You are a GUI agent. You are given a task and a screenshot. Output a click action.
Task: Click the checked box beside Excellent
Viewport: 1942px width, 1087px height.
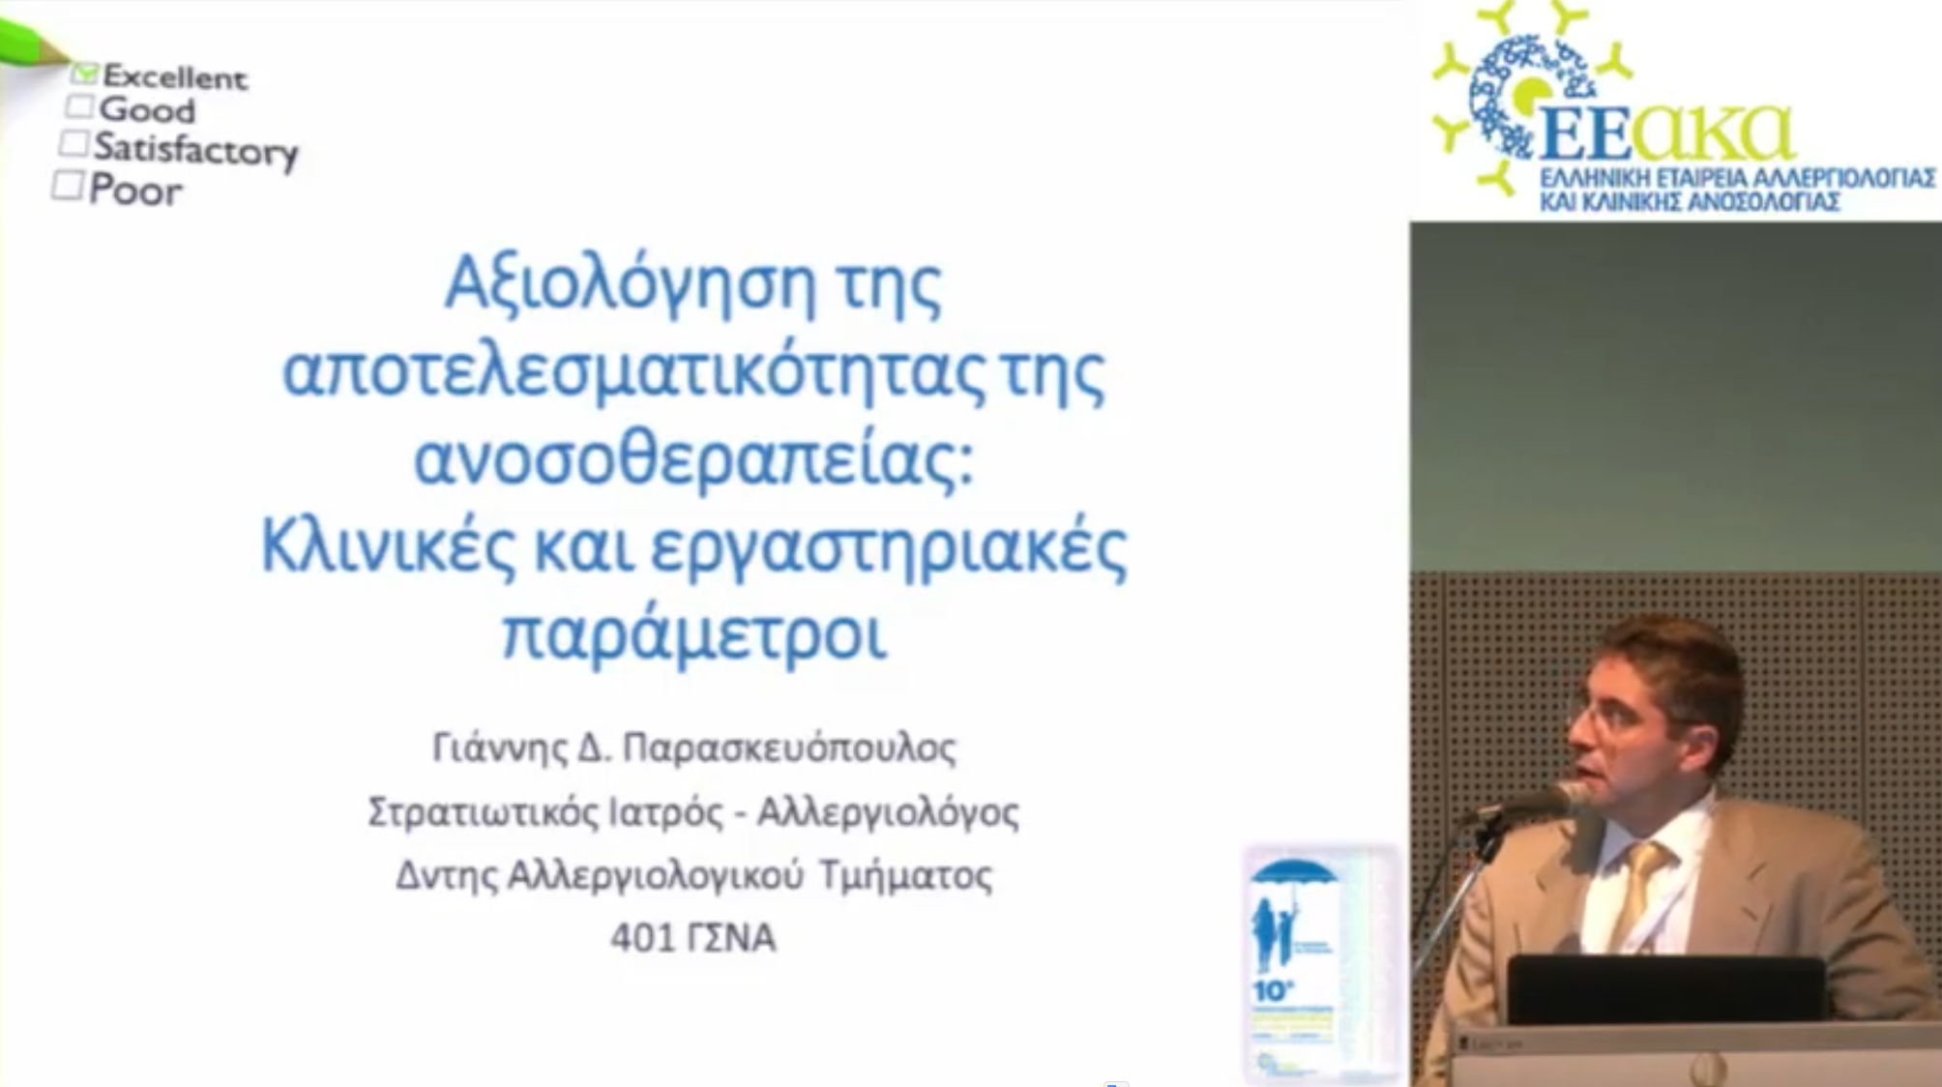(85, 73)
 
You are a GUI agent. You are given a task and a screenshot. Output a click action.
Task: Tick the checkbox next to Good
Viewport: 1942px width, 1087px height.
(80, 106)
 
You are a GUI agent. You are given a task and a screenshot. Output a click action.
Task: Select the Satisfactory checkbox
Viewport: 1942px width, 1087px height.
(74, 143)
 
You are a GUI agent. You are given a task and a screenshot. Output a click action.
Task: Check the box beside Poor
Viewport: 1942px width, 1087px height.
(68, 185)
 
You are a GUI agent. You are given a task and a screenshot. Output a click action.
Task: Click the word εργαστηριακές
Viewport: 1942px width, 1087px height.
(889, 549)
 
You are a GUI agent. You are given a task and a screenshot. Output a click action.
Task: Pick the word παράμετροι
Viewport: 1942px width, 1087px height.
(693, 634)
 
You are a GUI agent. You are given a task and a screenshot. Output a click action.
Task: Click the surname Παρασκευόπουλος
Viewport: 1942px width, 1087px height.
(789, 748)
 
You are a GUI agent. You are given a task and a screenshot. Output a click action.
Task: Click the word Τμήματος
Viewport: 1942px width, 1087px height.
(905, 875)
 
